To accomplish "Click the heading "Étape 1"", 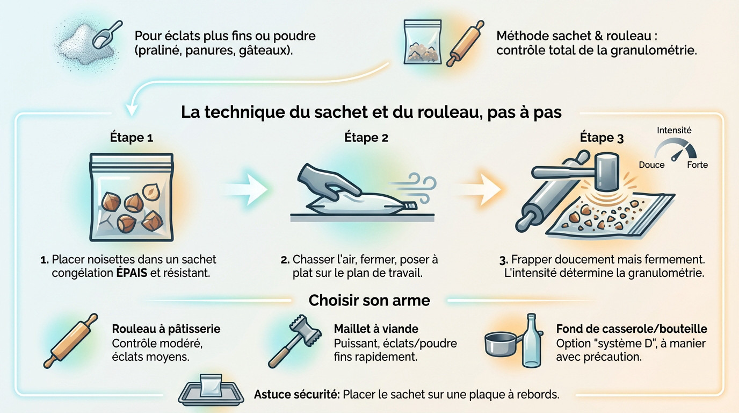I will coord(131,137).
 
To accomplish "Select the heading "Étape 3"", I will coord(602,138).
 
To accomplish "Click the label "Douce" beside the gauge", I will coord(651,165).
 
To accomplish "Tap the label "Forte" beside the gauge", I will coord(697,165).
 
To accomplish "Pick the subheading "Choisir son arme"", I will coord(369,300).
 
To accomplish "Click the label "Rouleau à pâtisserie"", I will coord(166,329).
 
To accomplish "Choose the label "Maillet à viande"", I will coord(376,329).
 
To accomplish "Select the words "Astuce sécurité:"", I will coord(296,394).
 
